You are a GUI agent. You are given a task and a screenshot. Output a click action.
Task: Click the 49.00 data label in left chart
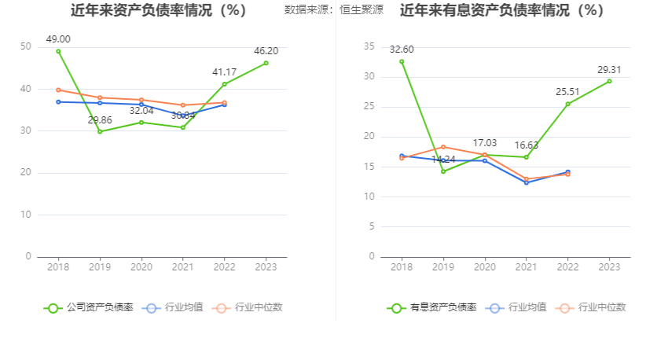(58, 39)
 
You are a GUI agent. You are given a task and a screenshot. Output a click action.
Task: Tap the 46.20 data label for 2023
(266, 51)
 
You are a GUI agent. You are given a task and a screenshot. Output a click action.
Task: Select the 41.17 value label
(225, 72)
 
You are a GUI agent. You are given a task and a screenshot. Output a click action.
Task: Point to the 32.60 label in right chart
(402, 50)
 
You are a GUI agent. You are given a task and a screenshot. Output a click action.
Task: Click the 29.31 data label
(609, 69)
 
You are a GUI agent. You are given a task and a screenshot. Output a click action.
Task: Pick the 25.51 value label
(568, 92)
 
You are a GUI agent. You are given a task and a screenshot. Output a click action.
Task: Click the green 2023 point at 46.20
(266, 63)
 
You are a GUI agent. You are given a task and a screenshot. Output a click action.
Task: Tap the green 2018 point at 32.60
(402, 61)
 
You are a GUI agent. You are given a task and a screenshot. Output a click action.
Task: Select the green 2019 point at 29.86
(100, 131)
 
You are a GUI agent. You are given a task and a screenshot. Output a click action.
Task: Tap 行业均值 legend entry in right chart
(527, 307)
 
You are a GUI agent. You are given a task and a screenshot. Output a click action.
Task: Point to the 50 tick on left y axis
(26, 47)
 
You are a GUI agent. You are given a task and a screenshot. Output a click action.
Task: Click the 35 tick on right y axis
(369, 47)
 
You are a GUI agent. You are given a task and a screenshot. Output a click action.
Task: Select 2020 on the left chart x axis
(141, 267)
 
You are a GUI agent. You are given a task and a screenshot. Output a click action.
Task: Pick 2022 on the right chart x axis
(568, 267)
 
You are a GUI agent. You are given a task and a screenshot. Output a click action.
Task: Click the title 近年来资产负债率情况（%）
(158, 10)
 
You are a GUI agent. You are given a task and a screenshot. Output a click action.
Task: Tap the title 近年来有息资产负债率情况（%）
(501, 10)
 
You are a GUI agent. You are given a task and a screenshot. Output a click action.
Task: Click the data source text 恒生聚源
(362, 10)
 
